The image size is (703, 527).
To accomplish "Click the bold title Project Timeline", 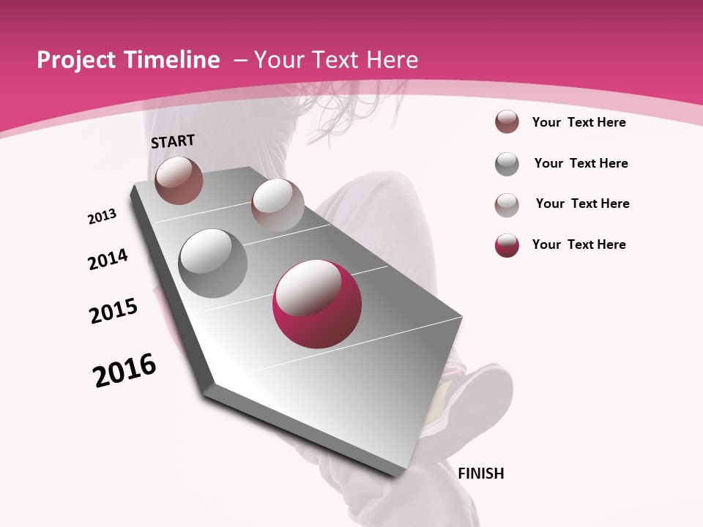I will pyautogui.click(x=128, y=60).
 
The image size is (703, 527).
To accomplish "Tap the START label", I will pyautogui.click(x=173, y=141).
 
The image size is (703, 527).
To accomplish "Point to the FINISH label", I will pyautogui.click(x=481, y=474).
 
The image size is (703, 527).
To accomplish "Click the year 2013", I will pyautogui.click(x=102, y=217).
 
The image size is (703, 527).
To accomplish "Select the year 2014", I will pyautogui.click(x=108, y=259).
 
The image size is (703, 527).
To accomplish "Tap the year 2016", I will pyautogui.click(x=124, y=370).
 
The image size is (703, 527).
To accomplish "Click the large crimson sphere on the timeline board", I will pyautogui.click(x=317, y=304).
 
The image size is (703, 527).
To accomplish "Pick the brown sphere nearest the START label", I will pyautogui.click(x=179, y=180).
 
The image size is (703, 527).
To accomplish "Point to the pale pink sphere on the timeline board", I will pyautogui.click(x=278, y=205).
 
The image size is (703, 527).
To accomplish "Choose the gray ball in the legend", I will pyautogui.click(x=507, y=164).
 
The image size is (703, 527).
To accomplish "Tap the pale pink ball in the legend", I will pyautogui.click(x=507, y=204).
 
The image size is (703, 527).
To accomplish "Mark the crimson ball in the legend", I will pyautogui.click(x=507, y=245).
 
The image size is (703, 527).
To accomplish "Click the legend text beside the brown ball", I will pyautogui.click(x=579, y=122).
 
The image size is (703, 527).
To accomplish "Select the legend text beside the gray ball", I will pyautogui.click(x=581, y=163).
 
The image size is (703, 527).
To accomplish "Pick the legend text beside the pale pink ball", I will pyautogui.click(x=583, y=203).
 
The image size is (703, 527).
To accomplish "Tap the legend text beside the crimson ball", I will pyautogui.click(x=579, y=244).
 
